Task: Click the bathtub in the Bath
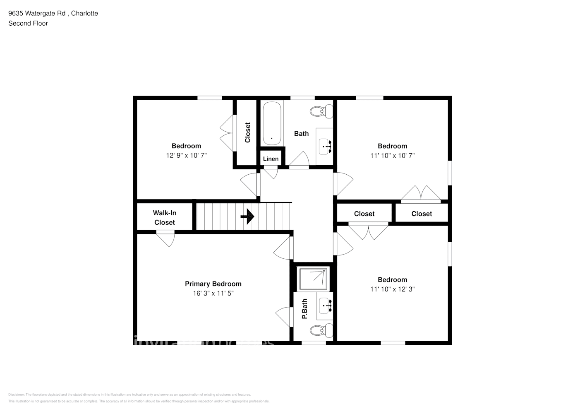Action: click(x=272, y=123)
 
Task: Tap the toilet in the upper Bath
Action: click(x=321, y=111)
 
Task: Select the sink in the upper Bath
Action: click(x=325, y=146)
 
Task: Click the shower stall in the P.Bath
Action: click(x=313, y=279)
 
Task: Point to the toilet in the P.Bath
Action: click(x=321, y=330)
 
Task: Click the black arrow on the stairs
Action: click(x=247, y=216)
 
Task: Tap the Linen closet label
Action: click(x=271, y=159)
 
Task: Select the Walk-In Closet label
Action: click(x=165, y=218)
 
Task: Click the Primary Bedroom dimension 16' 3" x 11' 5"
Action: click(x=213, y=294)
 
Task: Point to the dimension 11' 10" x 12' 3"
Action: click(x=392, y=289)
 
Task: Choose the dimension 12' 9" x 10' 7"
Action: click(x=186, y=156)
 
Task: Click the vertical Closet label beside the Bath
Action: click(x=247, y=132)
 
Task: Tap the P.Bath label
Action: click(x=304, y=308)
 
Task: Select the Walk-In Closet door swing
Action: click(x=166, y=239)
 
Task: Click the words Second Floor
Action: click(x=28, y=23)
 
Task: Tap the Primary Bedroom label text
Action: click(x=213, y=284)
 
